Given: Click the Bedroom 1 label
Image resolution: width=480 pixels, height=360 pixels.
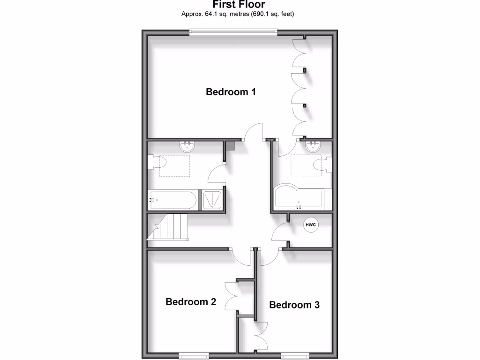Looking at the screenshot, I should click(231, 92).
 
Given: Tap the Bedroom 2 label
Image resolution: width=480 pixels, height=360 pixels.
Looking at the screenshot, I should click(191, 302).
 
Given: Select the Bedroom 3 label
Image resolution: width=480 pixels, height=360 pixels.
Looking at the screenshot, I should click(294, 305).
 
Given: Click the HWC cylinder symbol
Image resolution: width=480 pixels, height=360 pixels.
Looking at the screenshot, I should click(311, 225).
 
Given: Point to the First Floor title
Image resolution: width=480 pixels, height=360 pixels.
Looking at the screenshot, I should click(239, 5).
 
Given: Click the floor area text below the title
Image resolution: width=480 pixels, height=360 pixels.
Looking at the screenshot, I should click(238, 14).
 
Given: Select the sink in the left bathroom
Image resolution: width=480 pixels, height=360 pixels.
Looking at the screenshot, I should click(187, 147).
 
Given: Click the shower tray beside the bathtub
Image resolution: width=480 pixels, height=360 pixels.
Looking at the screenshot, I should click(212, 199).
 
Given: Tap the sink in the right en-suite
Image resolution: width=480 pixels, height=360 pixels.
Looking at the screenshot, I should click(313, 147).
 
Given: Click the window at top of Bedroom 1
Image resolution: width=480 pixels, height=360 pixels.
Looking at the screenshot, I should click(233, 32).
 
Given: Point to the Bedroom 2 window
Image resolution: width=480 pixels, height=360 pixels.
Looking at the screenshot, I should click(193, 356).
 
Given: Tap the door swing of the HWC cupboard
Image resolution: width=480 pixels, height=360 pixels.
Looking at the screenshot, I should click(280, 232).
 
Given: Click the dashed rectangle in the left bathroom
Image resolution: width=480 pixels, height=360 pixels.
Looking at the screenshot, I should click(175, 165).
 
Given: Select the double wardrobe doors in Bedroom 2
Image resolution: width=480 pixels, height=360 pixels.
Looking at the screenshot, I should click(231, 296).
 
